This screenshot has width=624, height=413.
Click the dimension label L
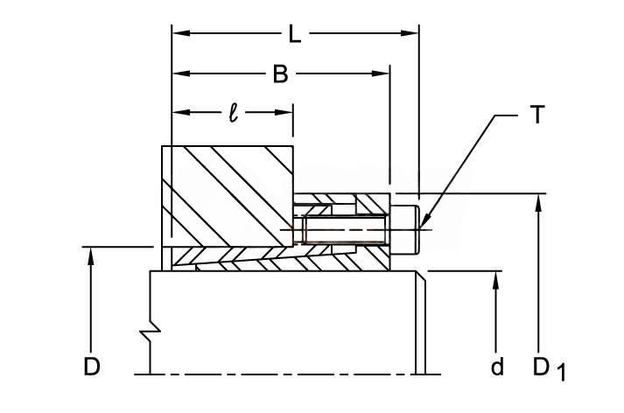[294, 34]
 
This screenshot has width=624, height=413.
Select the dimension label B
[280, 73]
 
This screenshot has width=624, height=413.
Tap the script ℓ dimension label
[234, 113]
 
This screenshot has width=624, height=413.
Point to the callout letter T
[537, 115]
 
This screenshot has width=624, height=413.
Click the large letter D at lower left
[92, 366]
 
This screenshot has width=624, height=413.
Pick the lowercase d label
[497, 366]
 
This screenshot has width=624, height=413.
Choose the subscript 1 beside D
[561, 373]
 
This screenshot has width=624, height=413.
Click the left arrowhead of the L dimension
[180, 33]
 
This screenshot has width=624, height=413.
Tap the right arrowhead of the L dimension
[410, 33]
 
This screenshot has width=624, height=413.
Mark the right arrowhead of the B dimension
[381, 73]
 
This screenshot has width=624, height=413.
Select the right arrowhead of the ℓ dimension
[284, 113]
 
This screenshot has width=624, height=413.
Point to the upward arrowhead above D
[91, 255]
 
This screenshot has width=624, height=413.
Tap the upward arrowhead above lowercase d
[495, 280]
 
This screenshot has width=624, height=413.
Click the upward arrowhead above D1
[538, 202]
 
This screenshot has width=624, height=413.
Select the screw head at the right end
[404, 229]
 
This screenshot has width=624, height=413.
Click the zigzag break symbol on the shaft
[151, 330]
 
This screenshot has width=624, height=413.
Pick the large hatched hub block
[228, 196]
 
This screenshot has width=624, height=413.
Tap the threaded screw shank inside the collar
[345, 229]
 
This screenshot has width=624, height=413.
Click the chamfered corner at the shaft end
[421, 276]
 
